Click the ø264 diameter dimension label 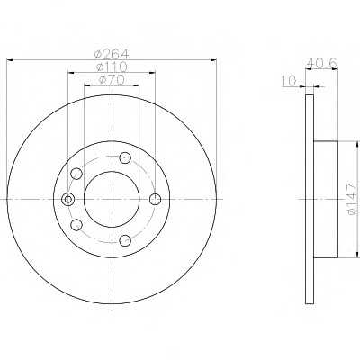(112, 54)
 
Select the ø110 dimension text (112, 67)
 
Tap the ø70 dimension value (112, 80)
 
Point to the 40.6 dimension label (322, 63)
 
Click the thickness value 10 (289, 80)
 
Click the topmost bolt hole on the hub (125, 157)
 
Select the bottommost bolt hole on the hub (125, 240)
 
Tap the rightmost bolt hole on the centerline (155, 199)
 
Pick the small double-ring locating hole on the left (68, 199)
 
